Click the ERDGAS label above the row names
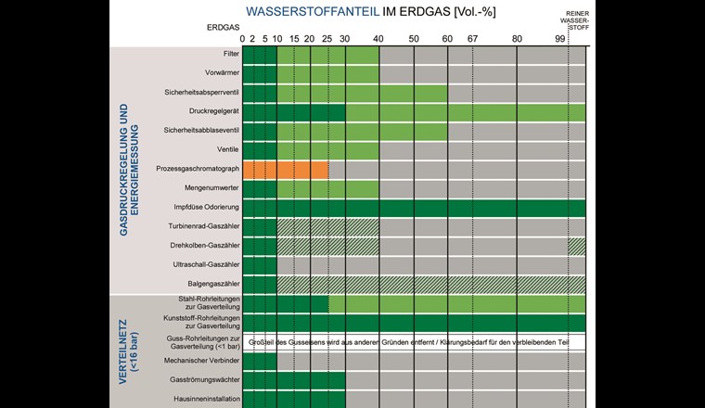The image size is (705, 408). click(x=223, y=27)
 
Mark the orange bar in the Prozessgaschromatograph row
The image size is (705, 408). click(x=286, y=170)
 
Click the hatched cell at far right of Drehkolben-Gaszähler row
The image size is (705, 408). click(x=577, y=246)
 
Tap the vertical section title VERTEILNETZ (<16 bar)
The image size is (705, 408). click(x=129, y=351)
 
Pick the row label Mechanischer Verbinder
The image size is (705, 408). click(x=205, y=361)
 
